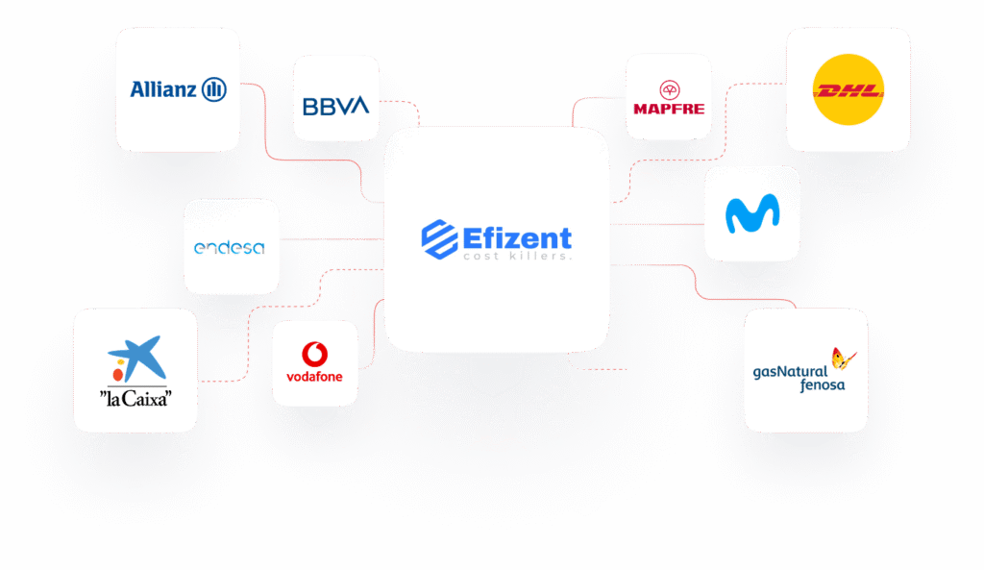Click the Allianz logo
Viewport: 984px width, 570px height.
click(178, 90)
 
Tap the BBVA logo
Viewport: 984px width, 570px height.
click(335, 106)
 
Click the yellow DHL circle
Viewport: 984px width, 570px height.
click(849, 90)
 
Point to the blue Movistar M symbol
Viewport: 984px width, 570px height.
click(751, 214)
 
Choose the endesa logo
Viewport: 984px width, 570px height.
click(231, 248)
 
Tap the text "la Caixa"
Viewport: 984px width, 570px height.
click(135, 396)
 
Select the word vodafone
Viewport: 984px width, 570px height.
click(314, 376)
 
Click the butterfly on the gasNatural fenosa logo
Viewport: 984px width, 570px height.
click(844, 359)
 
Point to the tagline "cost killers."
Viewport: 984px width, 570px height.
click(517, 257)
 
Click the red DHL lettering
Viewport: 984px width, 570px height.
click(849, 92)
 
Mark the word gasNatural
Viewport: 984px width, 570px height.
click(790, 372)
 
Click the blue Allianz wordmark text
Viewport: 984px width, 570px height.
click(163, 90)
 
